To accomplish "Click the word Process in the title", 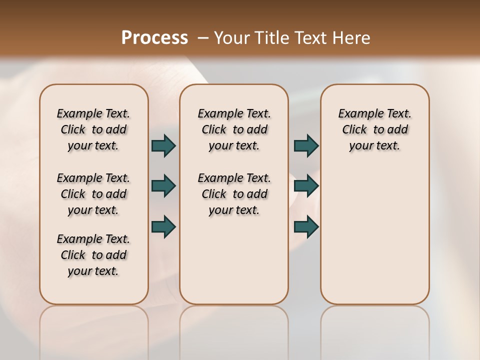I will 154,37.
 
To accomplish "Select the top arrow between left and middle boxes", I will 163,146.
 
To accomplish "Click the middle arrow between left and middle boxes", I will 163,186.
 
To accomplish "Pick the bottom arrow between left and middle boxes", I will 163,226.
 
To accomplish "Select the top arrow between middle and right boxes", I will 306,146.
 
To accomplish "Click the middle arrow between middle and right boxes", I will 306,186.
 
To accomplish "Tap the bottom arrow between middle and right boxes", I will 306,226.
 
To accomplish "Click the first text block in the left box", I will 93,129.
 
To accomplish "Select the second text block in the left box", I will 93,194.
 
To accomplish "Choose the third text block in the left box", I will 93,255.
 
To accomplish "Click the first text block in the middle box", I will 234,129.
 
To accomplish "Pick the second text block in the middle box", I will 234,194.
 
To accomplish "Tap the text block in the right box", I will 374,129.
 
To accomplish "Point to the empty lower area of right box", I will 374,235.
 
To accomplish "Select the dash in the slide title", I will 203,38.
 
